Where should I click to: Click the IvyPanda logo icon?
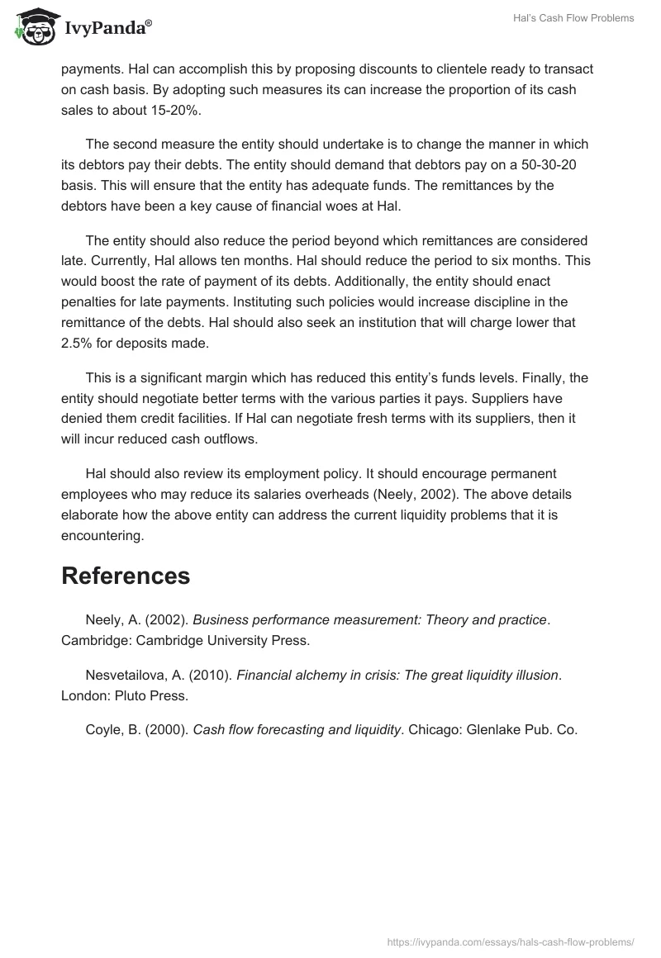pyautogui.click(x=33, y=26)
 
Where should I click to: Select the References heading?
pyautogui.click(x=126, y=576)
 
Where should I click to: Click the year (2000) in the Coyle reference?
pyautogui.click(x=169, y=729)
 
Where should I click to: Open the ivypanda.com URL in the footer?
pyautogui.click(x=511, y=941)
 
